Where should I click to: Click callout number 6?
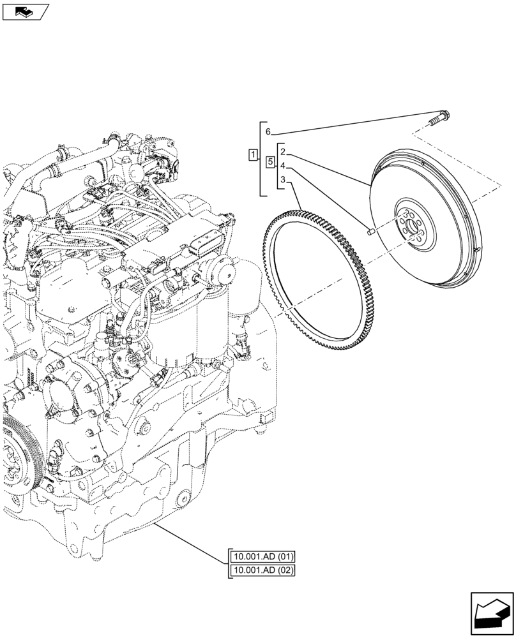[x=268, y=131]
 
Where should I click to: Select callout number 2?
[x=282, y=152]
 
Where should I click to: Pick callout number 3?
[x=282, y=181]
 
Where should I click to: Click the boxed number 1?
[x=254, y=154]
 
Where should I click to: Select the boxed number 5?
[x=270, y=163]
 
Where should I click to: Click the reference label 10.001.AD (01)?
[x=263, y=556]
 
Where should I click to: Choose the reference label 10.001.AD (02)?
[x=263, y=570]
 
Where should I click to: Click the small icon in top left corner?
[x=26, y=11]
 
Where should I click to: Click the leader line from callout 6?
[x=351, y=124]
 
